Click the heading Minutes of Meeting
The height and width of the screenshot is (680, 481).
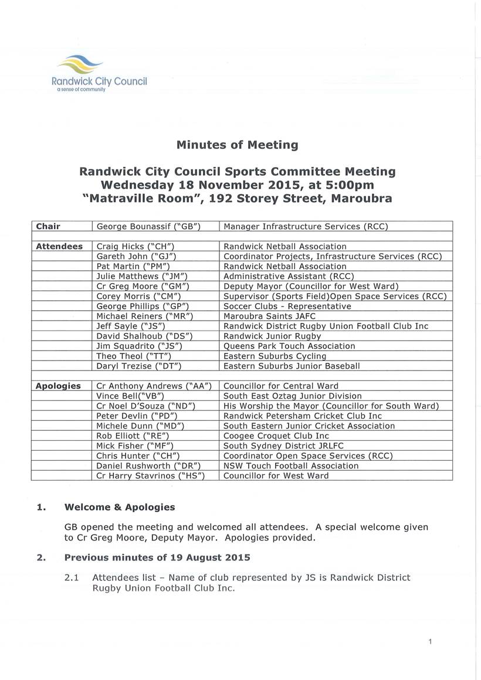[x=237, y=145]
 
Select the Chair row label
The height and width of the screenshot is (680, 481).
[x=48, y=226]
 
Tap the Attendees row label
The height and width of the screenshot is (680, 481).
[x=59, y=247]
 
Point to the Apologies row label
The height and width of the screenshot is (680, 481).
[x=59, y=386]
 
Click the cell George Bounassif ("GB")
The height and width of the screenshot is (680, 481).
[x=148, y=226]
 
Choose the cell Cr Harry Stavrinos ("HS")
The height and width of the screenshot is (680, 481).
[x=150, y=475]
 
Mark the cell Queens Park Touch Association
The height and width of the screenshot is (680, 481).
[x=289, y=346]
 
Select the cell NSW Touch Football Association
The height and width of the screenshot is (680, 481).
[x=291, y=465]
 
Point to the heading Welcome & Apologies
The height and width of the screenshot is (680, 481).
[x=119, y=507]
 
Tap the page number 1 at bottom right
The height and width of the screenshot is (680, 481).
[x=430, y=642]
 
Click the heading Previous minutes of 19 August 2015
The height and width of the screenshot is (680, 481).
[x=157, y=557]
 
